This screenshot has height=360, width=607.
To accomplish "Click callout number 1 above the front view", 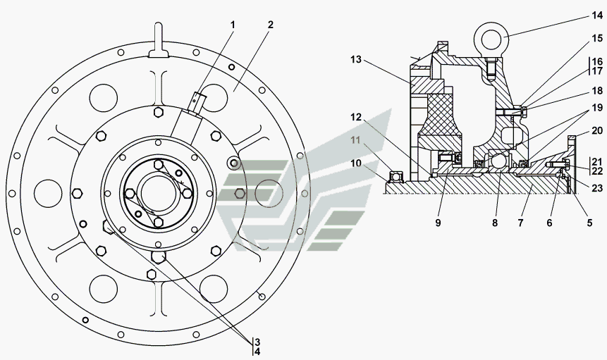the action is click(x=233, y=25).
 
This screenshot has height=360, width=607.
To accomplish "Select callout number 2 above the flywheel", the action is click(x=270, y=25).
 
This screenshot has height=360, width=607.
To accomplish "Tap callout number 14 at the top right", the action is click(x=596, y=15).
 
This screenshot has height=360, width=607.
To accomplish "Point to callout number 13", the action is click(x=356, y=60).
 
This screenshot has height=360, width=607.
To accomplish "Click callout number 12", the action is click(x=356, y=116).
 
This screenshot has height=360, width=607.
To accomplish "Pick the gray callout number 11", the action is click(x=355, y=139).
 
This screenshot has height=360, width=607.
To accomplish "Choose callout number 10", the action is click(x=356, y=163).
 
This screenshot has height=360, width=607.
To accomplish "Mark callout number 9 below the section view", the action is click(x=438, y=223).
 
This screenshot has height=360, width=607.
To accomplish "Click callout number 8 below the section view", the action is click(x=495, y=223).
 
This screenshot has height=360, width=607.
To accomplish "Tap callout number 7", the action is click(x=521, y=223).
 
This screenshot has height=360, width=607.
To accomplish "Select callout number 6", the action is click(x=549, y=223).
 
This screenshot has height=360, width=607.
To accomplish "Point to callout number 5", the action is click(x=589, y=223).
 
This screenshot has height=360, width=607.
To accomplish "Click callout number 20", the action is click(x=597, y=131).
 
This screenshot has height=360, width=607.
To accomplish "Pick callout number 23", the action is click(x=597, y=188).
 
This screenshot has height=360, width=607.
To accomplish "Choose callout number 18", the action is click(x=597, y=91).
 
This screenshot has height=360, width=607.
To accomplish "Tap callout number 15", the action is click(x=597, y=38).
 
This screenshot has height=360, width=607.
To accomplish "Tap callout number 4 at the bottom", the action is click(x=257, y=352).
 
